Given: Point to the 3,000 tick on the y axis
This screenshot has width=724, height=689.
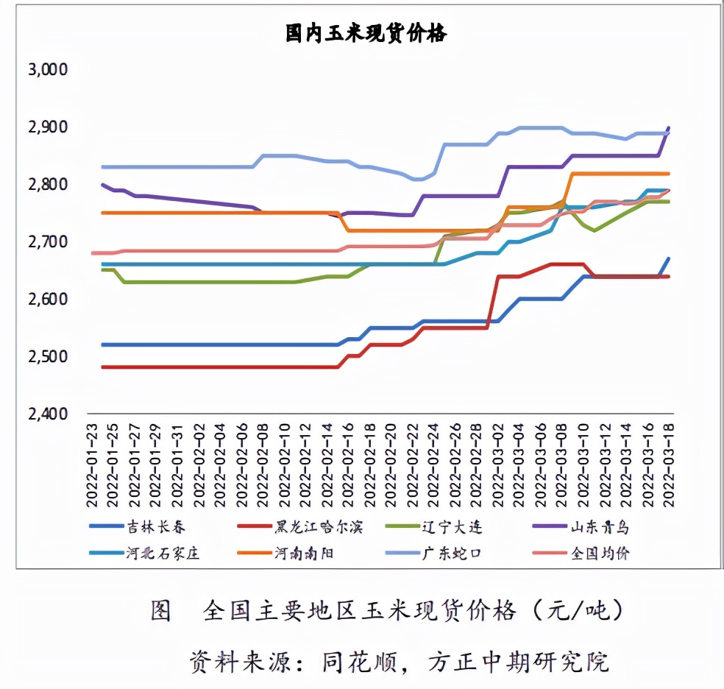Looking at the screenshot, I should point(47,70).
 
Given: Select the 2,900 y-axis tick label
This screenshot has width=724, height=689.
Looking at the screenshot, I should point(47,127).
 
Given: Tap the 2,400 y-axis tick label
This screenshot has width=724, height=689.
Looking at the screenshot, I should point(47,414).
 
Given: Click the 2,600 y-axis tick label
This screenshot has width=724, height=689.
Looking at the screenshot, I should point(47,300).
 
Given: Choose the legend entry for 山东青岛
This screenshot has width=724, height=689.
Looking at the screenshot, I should point(600,527).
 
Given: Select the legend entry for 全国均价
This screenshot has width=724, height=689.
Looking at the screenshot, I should point(600,554).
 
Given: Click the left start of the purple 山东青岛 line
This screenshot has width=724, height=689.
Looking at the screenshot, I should point(104,185).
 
